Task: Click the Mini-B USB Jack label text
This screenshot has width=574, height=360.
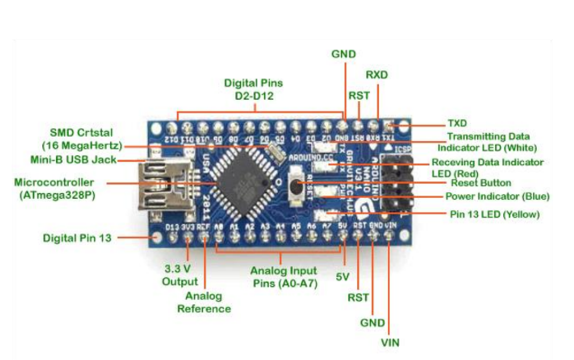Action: pos(73,160)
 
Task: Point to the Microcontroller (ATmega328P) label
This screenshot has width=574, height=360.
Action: pos(54,188)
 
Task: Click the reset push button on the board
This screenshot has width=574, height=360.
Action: pos(297,186)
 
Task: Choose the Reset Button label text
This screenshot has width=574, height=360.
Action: pos(481,183)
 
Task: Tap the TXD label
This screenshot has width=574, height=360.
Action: pos(457,123)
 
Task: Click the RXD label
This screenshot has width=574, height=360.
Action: pos(376,75)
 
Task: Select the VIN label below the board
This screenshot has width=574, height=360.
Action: pos(390,343)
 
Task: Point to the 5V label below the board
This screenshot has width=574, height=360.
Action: pos(342,277)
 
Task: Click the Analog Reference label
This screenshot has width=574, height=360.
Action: pos(204,302)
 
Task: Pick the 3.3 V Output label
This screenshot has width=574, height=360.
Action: pos(179,275)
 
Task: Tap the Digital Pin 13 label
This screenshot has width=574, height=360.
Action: pos(77,238)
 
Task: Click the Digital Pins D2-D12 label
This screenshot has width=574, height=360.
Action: pos(253,89)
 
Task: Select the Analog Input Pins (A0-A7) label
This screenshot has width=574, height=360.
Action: pos(284,277)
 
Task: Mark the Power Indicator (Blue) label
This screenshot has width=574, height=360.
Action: pos(497,196)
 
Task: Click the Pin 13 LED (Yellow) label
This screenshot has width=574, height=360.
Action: pos(495,214)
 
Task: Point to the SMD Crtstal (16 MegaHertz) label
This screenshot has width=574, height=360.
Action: pos(82,139)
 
